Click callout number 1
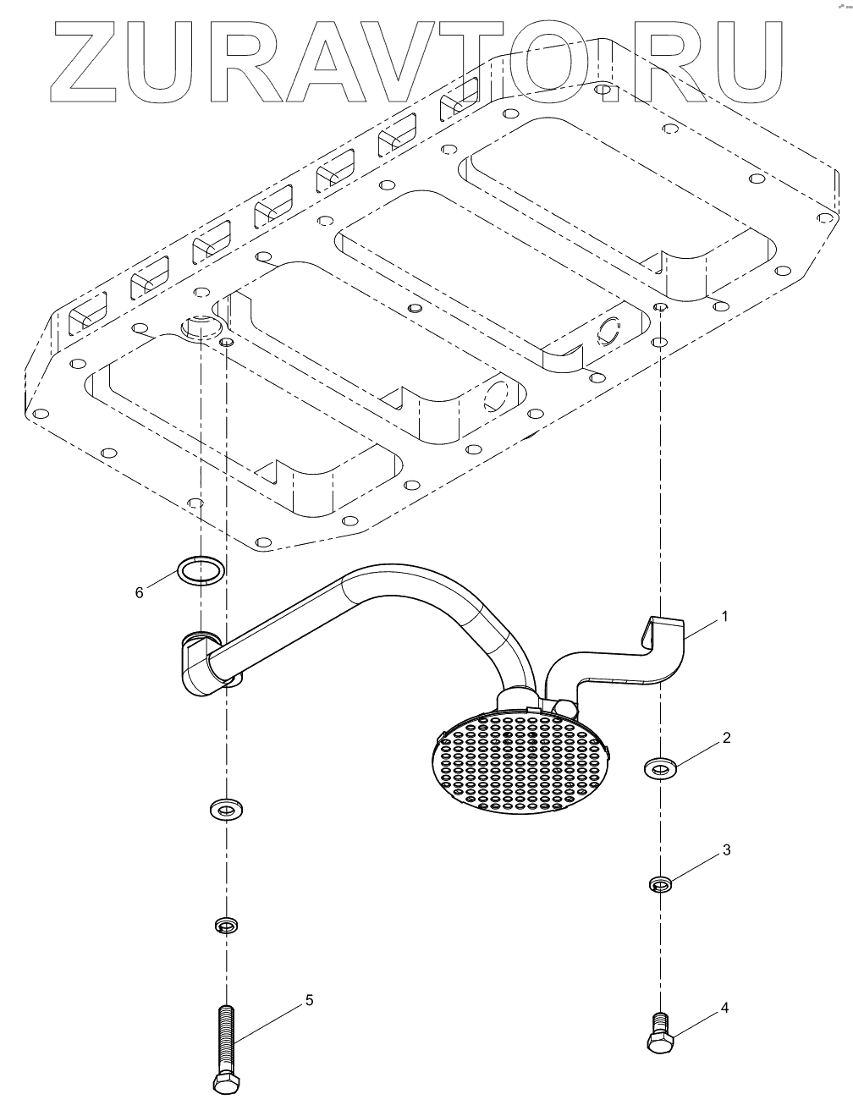(724, 617)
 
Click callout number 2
(725, 738)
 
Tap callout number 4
(724, 1008)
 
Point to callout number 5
(310, 1000)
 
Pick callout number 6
(140, 591)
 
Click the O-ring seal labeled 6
(201, 570)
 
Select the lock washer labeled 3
(660, 885)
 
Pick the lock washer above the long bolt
(225, 925)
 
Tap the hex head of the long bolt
(225, 1083)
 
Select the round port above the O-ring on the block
(200, 325)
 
